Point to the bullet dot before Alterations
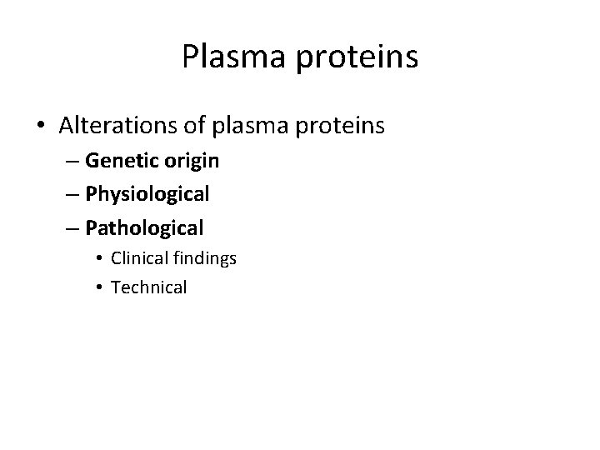42,126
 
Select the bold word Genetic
117,162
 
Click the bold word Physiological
147,194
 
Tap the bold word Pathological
144,227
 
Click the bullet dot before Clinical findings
100,259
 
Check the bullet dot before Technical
100,287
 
